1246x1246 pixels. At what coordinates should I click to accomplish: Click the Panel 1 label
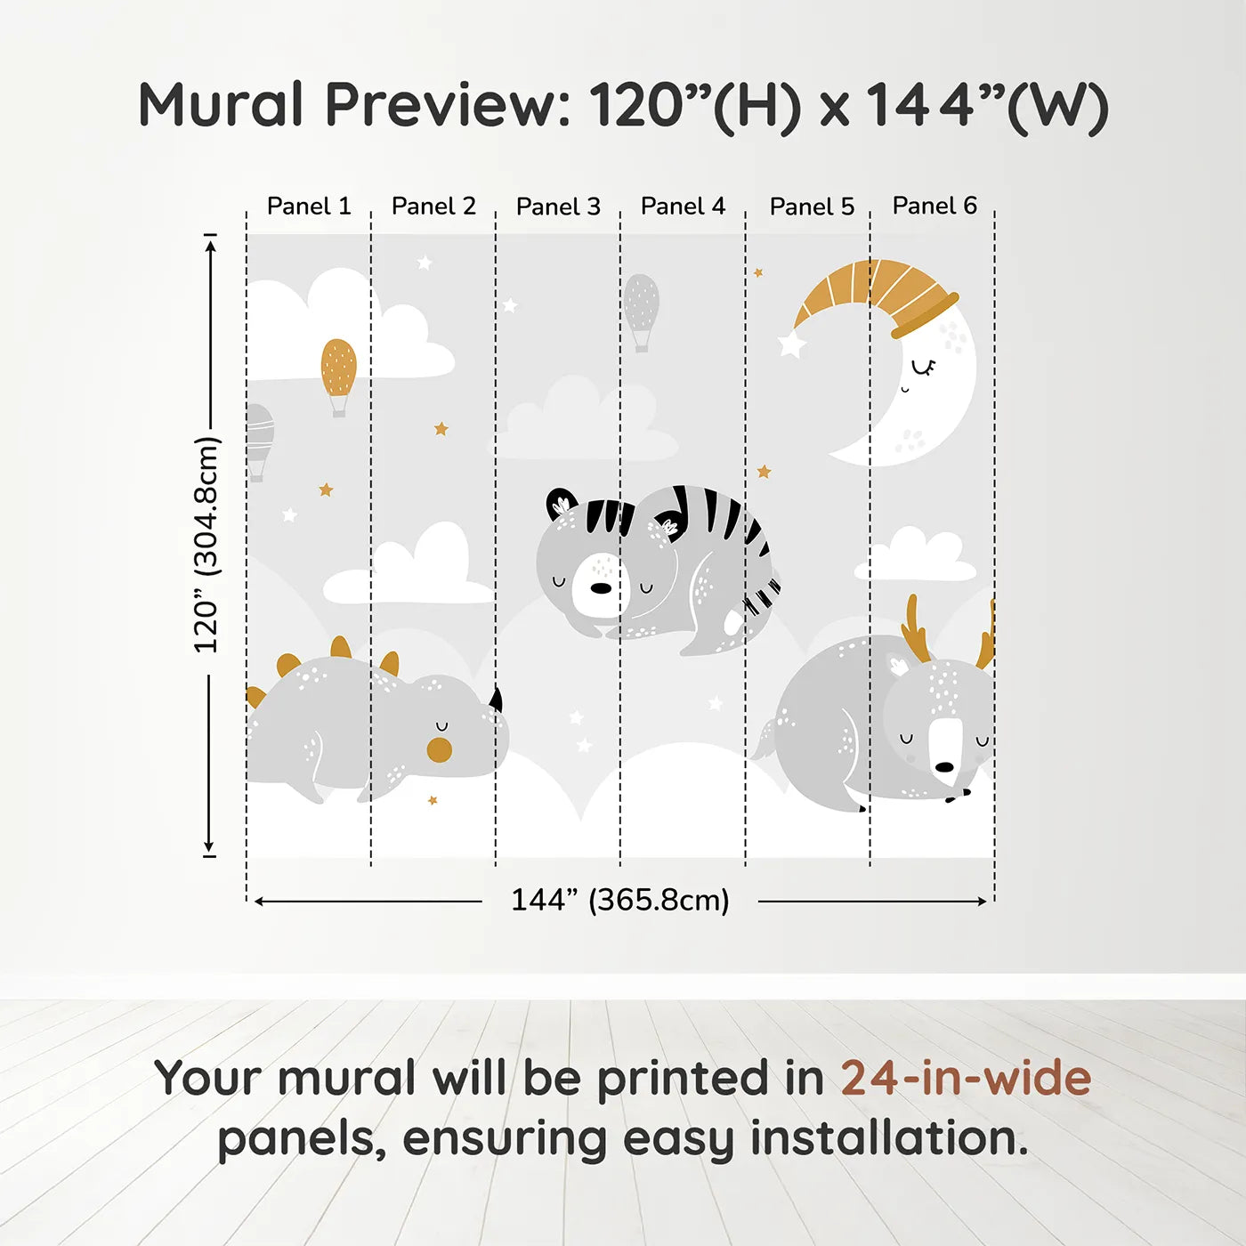coord(309,206)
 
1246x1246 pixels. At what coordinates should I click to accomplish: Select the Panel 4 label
coord(683,206)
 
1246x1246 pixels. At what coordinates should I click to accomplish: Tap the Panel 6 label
coord(934,206)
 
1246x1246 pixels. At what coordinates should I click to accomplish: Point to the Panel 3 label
coord(558,206)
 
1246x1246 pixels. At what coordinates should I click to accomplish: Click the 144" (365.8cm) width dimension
coord(619,900)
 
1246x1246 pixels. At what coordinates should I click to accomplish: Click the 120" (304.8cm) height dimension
coord(206,545)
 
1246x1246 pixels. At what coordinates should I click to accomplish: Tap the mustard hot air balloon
coord(338,368)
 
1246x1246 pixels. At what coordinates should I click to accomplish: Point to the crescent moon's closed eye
coord(924,366)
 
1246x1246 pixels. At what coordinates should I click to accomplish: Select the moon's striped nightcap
coord(877,289)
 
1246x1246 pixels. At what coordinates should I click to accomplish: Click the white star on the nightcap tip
coord(790,344)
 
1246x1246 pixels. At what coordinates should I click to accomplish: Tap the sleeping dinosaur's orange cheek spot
coord(440,749)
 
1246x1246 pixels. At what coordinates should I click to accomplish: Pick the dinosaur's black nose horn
coord(496,700)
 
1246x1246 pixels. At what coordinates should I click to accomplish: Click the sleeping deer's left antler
coord(915,630)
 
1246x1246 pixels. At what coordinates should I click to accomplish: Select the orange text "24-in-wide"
coord(966,1078)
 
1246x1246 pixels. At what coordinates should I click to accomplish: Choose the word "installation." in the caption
coord(889,1138)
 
